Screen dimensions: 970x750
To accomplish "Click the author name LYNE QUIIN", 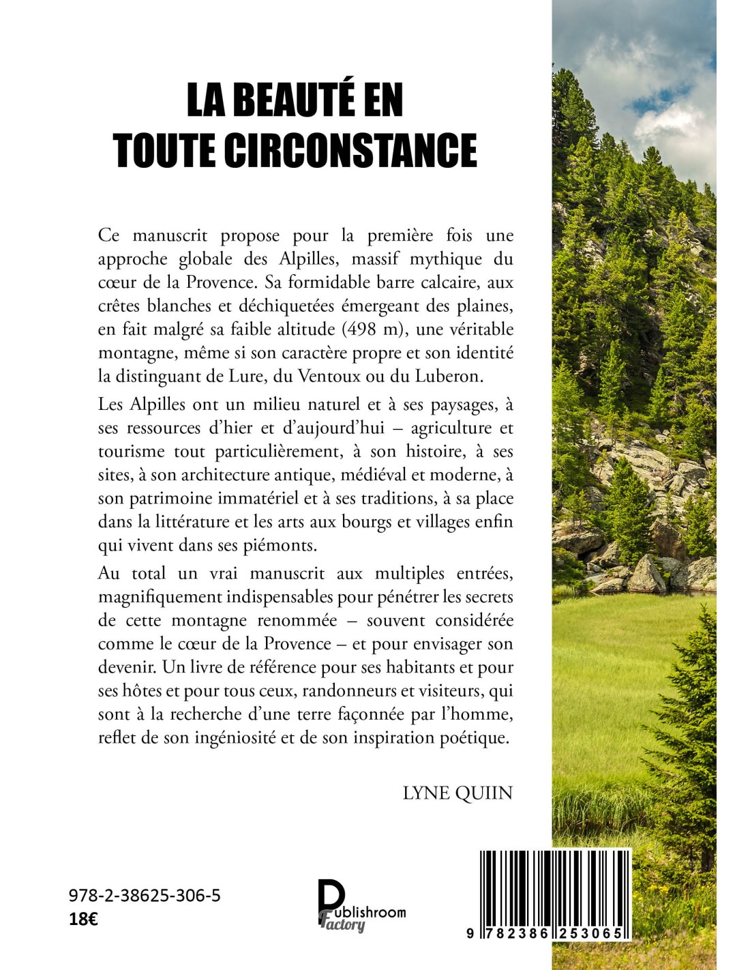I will [457, 793].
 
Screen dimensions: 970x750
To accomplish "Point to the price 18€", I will [83, 919].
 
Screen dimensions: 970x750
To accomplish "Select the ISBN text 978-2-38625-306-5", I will [145, 896].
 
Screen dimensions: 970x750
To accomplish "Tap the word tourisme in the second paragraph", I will [132, 452].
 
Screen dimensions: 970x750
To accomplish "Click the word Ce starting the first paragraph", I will [108, 235].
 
